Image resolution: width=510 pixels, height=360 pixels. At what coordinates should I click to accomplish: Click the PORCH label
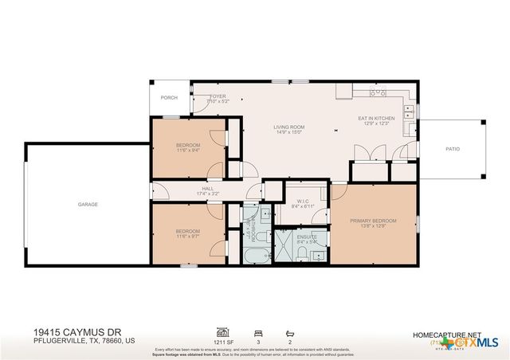pyautogui.click(x=169, y=98)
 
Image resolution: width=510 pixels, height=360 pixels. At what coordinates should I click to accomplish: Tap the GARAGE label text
pyautogui.click(x=88, y=205)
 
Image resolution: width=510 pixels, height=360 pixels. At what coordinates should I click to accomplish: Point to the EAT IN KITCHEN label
pyautogui.click(x=375, y=118)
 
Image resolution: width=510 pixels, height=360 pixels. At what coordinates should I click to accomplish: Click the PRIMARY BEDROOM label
pyautogui.click(x=374, y=221)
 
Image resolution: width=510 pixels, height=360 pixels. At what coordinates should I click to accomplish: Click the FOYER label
pyautogui.click(x=196, y=96)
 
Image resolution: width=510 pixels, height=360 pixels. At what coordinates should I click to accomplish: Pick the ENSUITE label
pyautogui.click(x=307, y=237)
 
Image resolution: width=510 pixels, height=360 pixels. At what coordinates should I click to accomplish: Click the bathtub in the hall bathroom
pyautogui.click(x=256, y=256)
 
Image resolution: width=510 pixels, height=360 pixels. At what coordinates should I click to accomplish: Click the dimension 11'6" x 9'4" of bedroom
pyautogui.click(x=188, y=149)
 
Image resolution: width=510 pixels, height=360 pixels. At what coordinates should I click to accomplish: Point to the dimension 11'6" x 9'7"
pyautogui.click(x=188, y=237)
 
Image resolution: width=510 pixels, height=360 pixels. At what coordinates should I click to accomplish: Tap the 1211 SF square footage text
pyautogui.click(x=222, y=340)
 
